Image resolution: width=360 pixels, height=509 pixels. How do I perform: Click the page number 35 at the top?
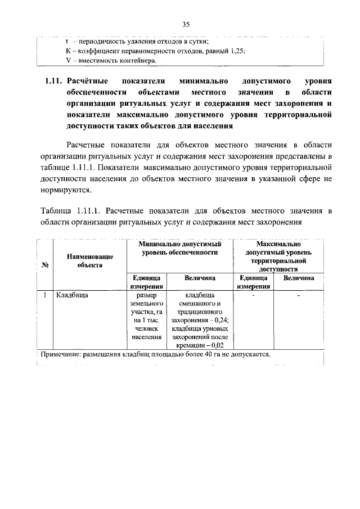pos(186,24)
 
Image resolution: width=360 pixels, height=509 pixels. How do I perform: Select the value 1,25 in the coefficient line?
pos(236,51)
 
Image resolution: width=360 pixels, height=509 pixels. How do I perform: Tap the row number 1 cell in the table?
pos(44,294)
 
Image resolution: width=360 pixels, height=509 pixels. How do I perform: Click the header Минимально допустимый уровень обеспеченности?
pos(179,249)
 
